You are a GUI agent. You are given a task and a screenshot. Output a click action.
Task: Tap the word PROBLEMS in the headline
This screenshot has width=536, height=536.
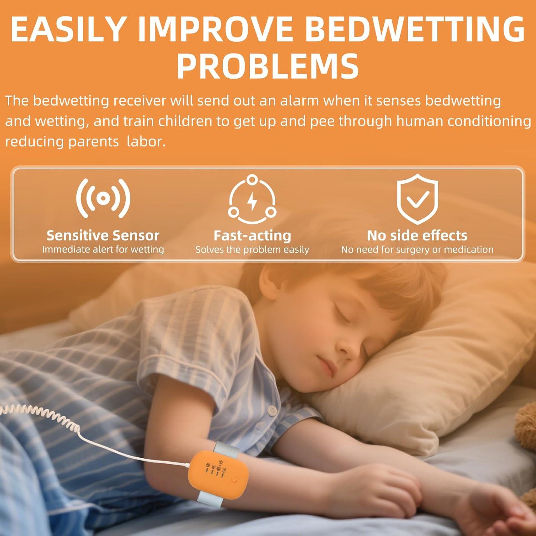pos(268,66)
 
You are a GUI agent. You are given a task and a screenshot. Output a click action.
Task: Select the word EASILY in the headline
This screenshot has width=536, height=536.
pos(68,29)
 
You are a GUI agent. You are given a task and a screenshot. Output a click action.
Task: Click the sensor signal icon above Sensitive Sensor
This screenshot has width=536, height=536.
pos(103,198)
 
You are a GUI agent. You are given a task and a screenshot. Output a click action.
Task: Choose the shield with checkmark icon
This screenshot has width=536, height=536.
pos(417,199)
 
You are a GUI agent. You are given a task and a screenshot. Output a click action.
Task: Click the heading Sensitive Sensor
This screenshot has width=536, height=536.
pos(103,235)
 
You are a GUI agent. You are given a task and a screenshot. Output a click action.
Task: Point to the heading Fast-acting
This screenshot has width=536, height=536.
pos(252,235)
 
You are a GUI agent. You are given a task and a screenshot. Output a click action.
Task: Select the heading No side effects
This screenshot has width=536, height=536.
pos(417,235)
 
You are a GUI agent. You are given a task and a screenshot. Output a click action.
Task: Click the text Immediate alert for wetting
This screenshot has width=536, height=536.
pos(103,249)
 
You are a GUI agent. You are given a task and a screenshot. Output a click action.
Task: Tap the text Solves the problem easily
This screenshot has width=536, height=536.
pos(252,249)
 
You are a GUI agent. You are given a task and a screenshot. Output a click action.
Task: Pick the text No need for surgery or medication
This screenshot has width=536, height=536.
pos(417,249)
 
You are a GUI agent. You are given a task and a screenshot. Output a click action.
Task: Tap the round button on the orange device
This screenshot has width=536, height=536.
pos(234,479)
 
